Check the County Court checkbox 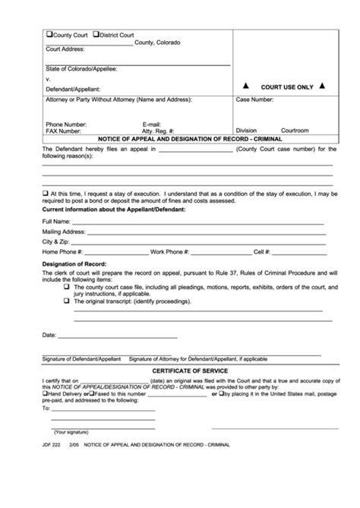click(x=49, y=35)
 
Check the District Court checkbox click(x=96, y=35)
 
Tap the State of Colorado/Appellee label click(x=82, y=69)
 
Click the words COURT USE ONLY click(x=287, y=87)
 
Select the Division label click(x=247, y=130)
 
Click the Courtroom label click(x=295, y=130)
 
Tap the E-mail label click(x=152, y=123)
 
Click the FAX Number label click(x=64, y=130)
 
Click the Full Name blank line click(x=197, y=222)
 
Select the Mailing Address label click(x=63, y=231)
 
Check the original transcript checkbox click(x=67, y=301)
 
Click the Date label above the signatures click(x=49, y=334)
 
